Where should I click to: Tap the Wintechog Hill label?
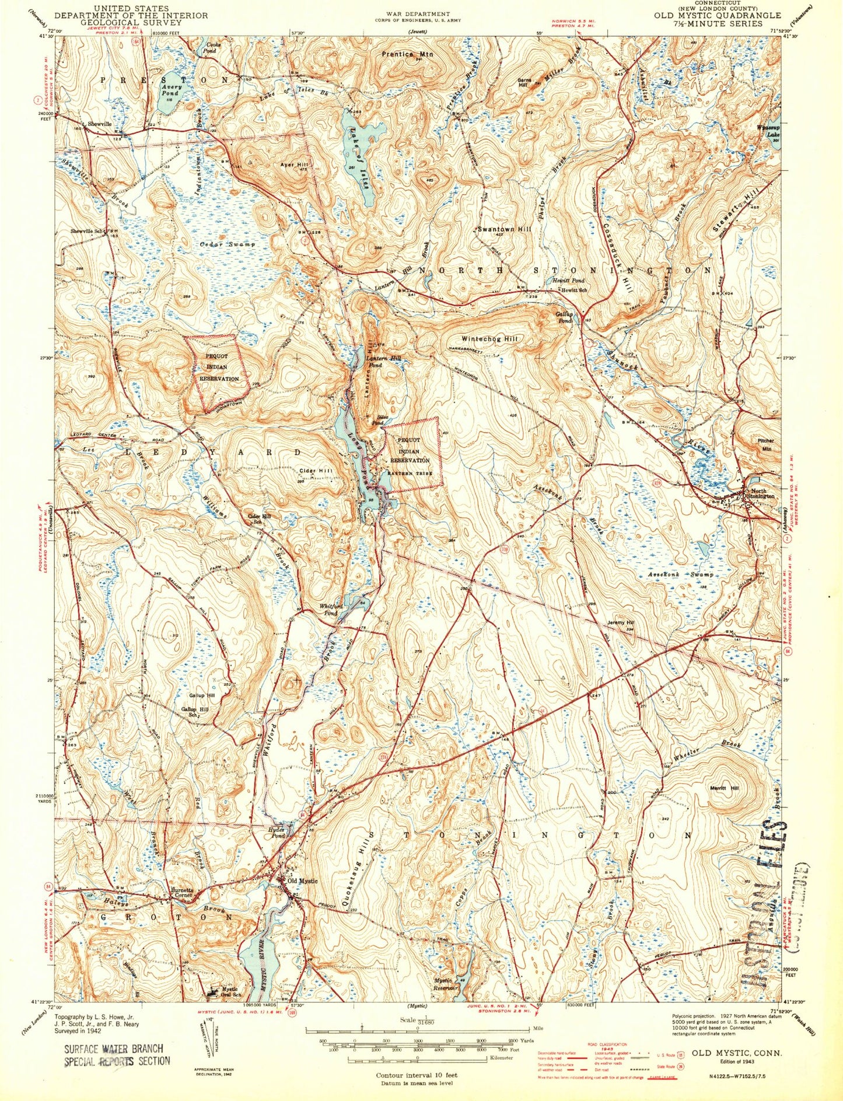489,338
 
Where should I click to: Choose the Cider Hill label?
316,470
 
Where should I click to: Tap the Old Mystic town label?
302,880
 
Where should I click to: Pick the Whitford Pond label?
329,610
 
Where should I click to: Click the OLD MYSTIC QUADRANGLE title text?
717,15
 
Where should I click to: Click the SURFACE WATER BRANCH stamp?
114,1049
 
